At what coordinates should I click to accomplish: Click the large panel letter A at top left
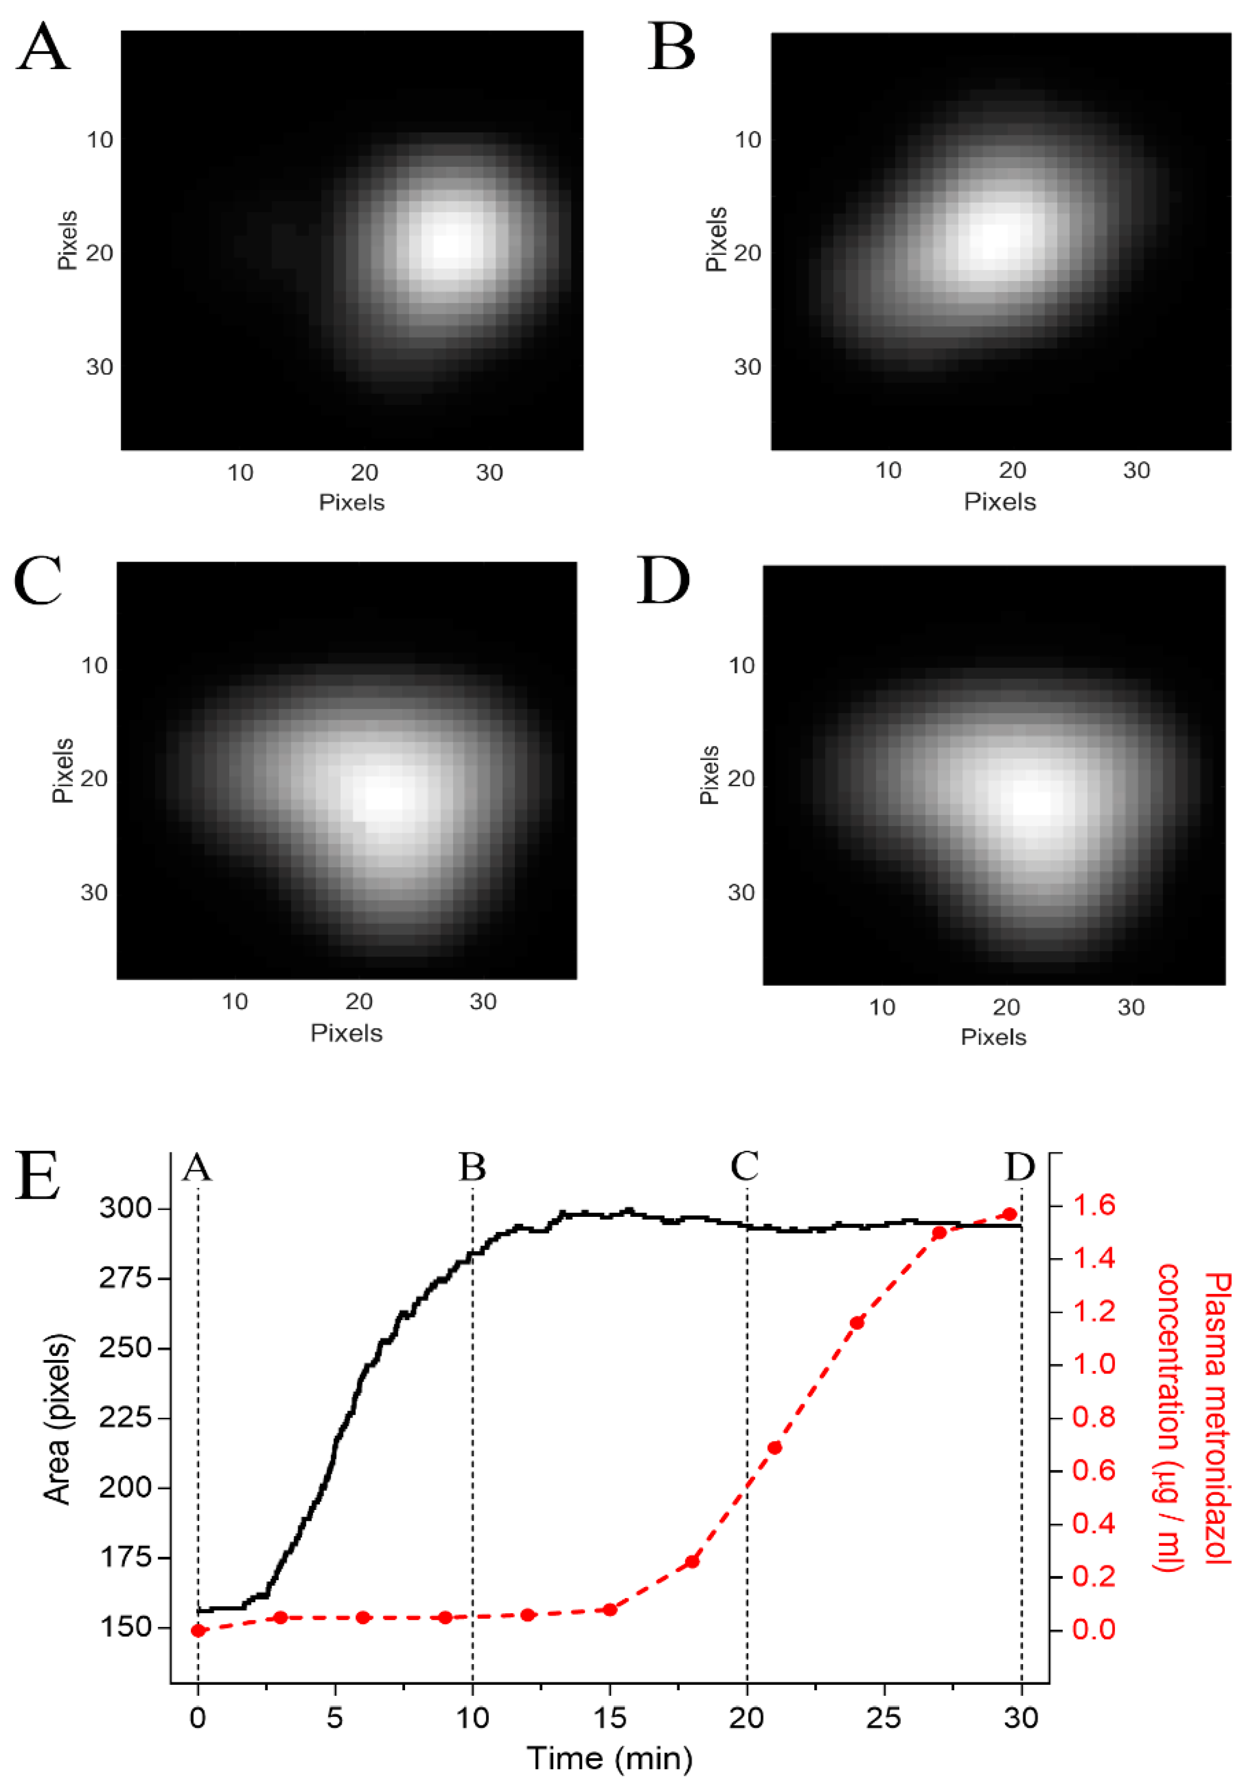coord(44,48)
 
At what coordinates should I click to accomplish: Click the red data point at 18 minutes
coord(692,1561)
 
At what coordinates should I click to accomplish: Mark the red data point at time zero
coord(198,1630)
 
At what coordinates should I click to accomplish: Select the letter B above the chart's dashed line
coord(472,1166)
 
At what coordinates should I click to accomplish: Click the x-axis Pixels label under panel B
coord(1000,502)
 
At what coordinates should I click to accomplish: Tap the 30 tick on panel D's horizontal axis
coord(1130,1007)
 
